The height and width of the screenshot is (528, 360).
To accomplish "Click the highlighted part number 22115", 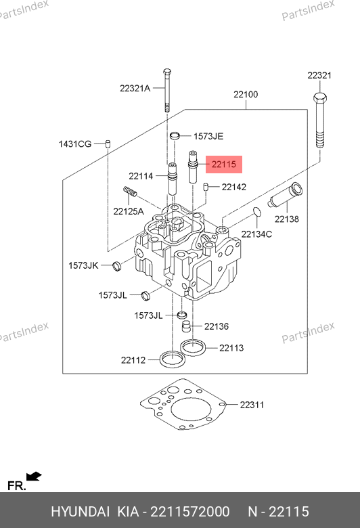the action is [x=223, y=164].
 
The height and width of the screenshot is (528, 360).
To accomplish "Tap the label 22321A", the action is [x=135, y=88].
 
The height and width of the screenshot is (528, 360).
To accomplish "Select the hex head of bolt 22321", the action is [x=319, y=98].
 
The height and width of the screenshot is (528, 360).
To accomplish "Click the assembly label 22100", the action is [x=246, y=94].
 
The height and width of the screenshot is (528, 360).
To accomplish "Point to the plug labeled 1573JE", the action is [x=175, y=135].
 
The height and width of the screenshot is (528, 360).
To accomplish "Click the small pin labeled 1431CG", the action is [x=108, y=143].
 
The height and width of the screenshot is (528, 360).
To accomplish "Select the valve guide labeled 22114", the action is [x=173, y=179].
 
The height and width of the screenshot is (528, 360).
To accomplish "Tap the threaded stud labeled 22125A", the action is [x=130, y=192].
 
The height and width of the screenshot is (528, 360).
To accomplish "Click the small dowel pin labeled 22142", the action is [x=206, y=187].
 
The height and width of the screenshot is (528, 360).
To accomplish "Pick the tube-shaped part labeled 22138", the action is [x=286, y=196].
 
